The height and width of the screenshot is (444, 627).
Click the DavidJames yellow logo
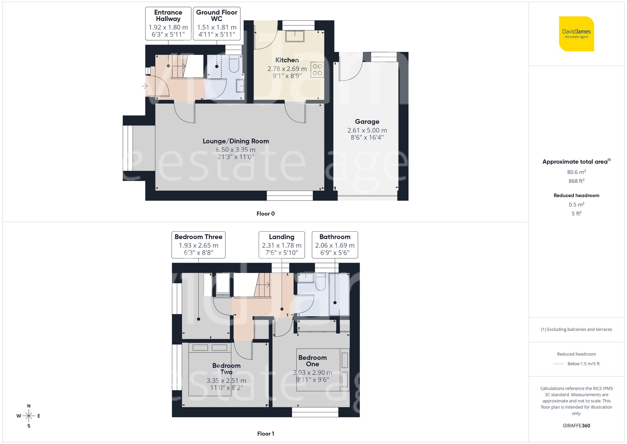[576, 34]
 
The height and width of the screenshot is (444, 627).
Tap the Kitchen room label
[287, 60]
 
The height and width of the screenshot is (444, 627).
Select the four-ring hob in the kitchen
[317, 70]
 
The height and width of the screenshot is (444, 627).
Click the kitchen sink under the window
[295, 36]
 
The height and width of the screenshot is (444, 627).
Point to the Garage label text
[367, 121]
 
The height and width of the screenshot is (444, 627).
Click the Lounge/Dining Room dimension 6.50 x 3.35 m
[236, 150]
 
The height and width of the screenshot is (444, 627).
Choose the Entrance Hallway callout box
[168, 24]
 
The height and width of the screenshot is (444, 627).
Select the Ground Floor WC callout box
[217, 24]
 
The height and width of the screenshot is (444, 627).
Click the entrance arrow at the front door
[145, 86]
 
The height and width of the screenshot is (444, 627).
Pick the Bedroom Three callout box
[198, 245]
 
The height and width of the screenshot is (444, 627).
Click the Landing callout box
[282, 245]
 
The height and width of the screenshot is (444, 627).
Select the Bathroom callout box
[335, 245]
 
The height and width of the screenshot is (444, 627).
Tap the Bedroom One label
[313, 361]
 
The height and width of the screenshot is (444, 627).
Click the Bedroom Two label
[226, 369]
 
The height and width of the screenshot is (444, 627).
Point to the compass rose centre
[29, 416]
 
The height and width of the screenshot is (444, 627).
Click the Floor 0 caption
[266, 214]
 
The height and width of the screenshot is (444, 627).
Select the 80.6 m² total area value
[576, 172]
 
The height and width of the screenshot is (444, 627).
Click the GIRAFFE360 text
[576, 425]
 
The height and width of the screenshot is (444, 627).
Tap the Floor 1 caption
[266, 434]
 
